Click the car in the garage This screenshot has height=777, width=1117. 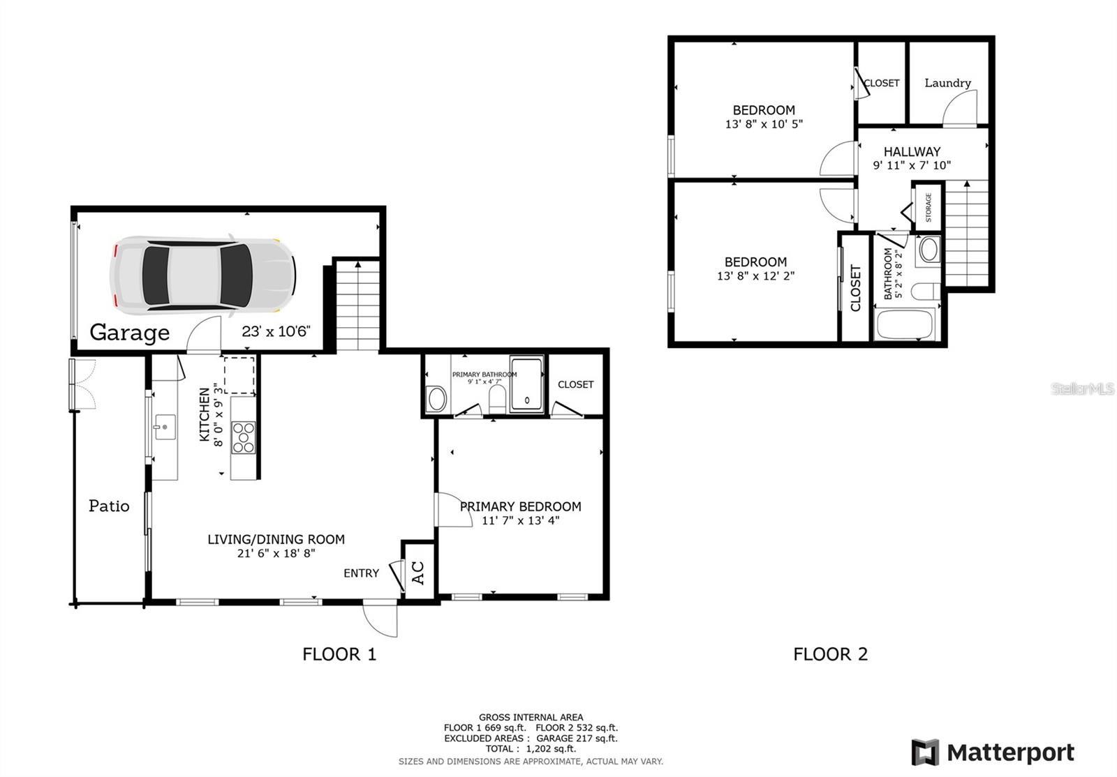pos(202,273)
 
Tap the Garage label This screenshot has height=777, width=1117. pos(130,333)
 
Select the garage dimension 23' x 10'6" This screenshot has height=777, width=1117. pos(276,331)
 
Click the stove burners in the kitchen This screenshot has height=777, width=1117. pos(243,437)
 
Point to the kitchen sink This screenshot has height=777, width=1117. pos(165,426)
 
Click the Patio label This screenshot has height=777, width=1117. pos(109,506)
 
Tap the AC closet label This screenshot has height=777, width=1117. pos(418,573)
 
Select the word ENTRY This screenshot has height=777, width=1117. pos(361,573)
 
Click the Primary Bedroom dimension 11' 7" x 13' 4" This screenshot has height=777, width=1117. pos(521,520)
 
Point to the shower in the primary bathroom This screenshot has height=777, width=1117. pos(526,384)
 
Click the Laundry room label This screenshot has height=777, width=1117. pos(947,83)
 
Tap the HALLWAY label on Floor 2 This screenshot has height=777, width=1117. pos(912,151)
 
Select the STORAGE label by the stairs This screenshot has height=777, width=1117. pos(929,207)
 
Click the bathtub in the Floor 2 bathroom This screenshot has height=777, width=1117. pos(904,324)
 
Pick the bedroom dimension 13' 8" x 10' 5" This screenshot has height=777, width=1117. pos(764,124)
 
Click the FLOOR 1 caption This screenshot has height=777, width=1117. pos(339,654)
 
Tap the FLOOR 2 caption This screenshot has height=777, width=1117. pos(830,654)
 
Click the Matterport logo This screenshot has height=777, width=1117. pos(993,753)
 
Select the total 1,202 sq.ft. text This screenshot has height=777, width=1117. pos(531,748)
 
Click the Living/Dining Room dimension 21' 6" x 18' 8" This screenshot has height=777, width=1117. pos(276,554)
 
